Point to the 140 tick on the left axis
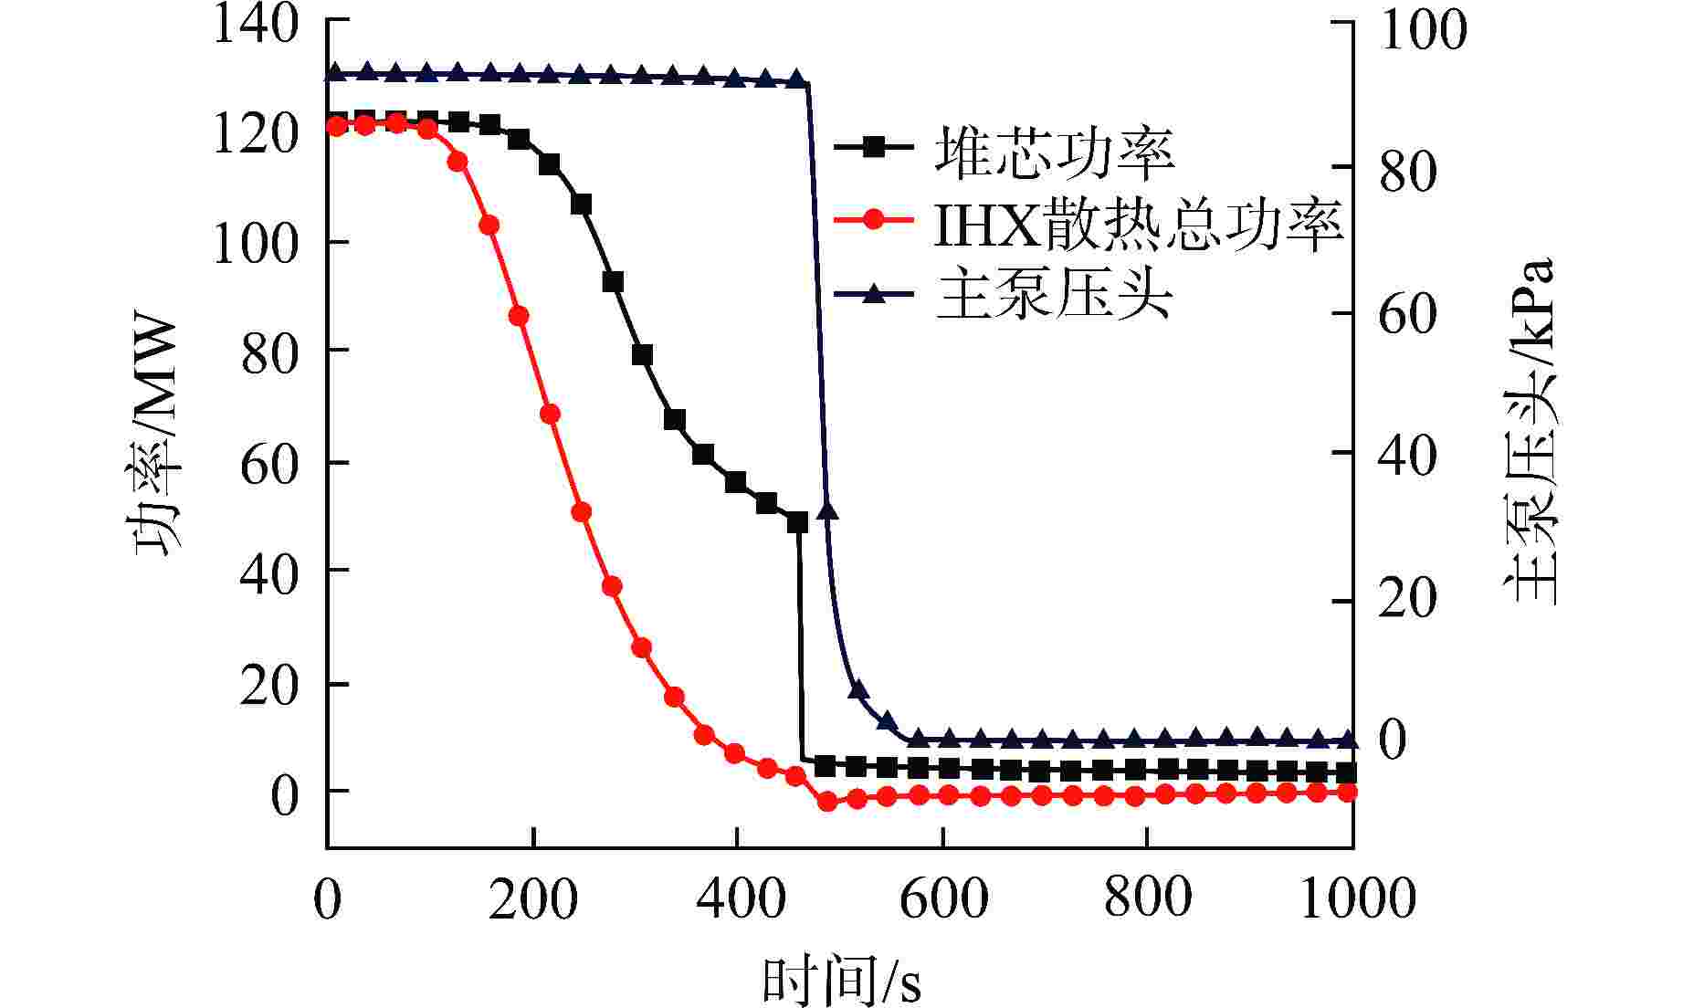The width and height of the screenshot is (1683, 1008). pos(257,24)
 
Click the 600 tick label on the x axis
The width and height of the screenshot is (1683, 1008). pos(943,899)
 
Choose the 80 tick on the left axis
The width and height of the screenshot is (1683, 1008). pos(270,351)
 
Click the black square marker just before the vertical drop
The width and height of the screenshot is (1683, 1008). pos(797,522)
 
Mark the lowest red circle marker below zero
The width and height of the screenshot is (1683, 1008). pos(827,801)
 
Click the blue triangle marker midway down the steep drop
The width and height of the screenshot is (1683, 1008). pos(827,510)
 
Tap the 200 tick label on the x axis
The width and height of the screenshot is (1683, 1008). pos(533,899)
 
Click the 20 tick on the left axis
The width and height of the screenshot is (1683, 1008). pos(270,684)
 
